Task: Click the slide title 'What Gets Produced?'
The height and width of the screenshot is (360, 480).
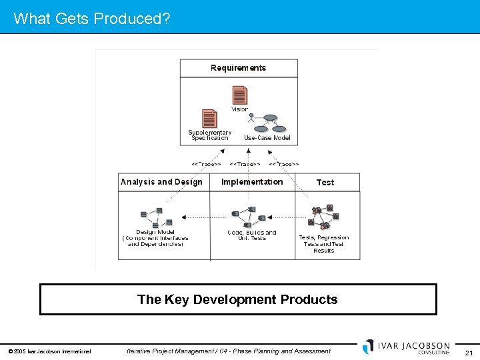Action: (x=91, y=18)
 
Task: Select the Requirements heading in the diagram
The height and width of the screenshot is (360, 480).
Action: (x=238, y=68)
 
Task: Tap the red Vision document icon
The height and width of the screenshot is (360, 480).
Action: (x=239, y=95)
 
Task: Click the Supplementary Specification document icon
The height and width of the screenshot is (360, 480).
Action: (x=209, y=119)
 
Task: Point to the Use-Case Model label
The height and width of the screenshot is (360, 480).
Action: (x=267, y=138)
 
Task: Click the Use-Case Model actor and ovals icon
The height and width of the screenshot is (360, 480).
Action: (x=268, y=123)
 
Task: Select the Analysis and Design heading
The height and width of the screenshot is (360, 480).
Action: (x=161, y=182)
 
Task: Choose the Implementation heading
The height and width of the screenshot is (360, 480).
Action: (x=252, y=182)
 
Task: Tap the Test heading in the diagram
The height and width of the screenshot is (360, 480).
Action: (x=325, y=182)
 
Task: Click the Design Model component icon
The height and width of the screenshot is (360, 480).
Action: (x=156, y=217)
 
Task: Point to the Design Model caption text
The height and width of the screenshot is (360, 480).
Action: (x=155, y=238)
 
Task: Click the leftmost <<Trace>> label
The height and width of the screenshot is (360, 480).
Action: (x=206, y=163)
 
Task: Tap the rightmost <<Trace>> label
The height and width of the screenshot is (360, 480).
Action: (x=284, y=163)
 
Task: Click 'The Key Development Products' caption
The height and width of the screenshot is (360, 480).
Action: (x=237, y=299)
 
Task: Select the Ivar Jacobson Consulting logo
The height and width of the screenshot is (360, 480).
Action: (x=407, y=347)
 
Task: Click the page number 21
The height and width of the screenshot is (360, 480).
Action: (x=469, y=353)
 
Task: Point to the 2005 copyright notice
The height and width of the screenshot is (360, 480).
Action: (x=49, y=351)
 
